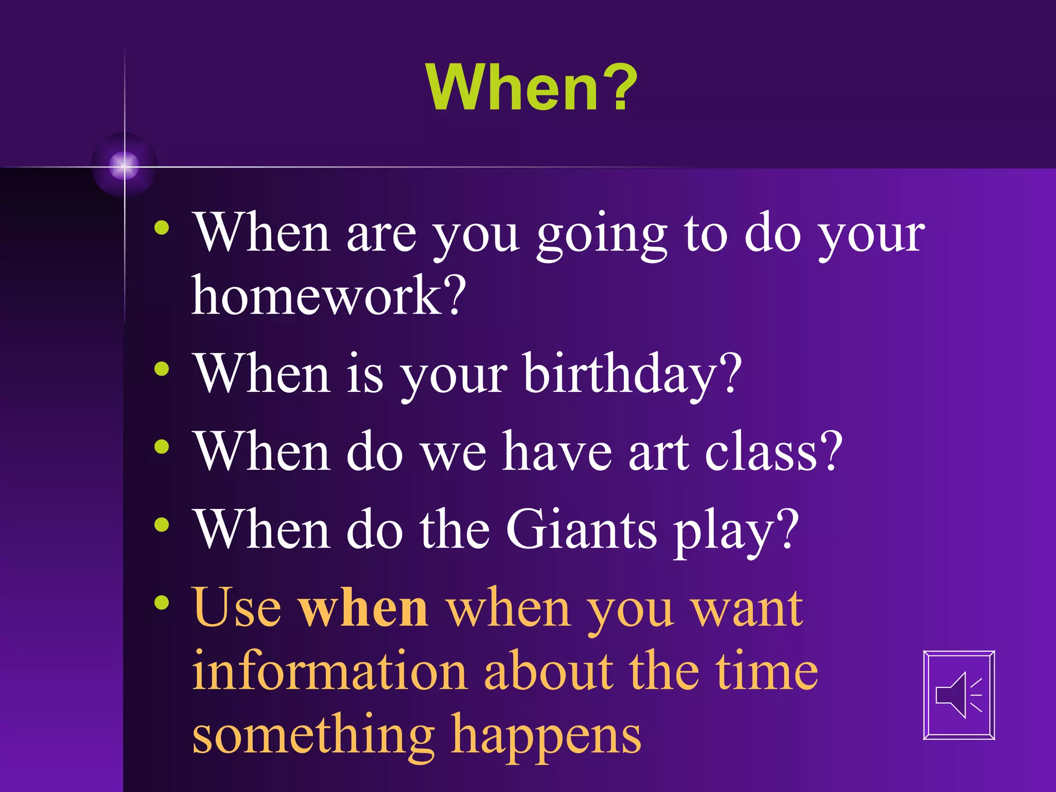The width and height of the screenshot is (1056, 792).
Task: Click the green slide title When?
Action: pyautogui.click(x=532, y=88)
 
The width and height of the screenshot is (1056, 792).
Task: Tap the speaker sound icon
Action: pyautogui.click(x=959, y=695)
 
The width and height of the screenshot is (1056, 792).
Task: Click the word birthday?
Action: pyautogui.click(x=632, y=375)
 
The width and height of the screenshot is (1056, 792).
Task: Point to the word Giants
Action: pyautogui.click(x=581, y=530)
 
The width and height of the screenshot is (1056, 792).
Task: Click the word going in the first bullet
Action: pyautogui.click(x=602, y=236)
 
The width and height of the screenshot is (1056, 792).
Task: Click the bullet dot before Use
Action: pyautogui.click(x=162, y=602)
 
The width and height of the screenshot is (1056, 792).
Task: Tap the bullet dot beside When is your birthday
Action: pyautogui.click(x=162, y=369)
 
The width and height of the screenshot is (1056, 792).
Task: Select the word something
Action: pyautogui.click(x=313, y=736)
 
